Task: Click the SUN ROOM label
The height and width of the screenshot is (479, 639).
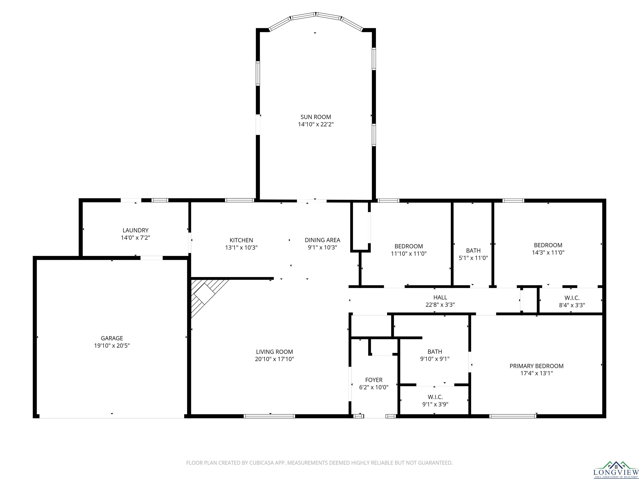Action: pos(316,117)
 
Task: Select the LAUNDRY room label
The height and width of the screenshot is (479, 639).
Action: pos(135,230)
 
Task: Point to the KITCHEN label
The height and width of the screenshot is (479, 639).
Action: pos(241,240)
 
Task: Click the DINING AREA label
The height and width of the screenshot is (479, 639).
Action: pos(322,240)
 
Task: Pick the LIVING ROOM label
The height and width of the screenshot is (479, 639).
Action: pos(274,352)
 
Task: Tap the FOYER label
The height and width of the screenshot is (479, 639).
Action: pos(374,380)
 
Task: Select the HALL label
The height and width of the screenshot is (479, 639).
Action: pos(440,297)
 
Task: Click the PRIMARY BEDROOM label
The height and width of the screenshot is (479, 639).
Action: pos(536,366)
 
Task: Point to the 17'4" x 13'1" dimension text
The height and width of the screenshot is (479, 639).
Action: pos(536,373)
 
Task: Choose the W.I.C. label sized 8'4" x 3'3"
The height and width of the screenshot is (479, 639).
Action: pos(572,298)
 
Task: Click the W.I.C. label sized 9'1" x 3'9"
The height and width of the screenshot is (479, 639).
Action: pos(435,397)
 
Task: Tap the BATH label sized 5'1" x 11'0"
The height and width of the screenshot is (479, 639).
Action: pos(473,251)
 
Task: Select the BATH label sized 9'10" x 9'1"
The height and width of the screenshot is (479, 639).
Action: pos(435,352)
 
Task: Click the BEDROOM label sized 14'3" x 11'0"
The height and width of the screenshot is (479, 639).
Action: pos(548,245)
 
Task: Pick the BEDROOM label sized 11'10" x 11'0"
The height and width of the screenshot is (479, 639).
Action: pos(409,246)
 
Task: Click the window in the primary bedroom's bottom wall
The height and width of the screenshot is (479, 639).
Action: pos(513,416)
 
